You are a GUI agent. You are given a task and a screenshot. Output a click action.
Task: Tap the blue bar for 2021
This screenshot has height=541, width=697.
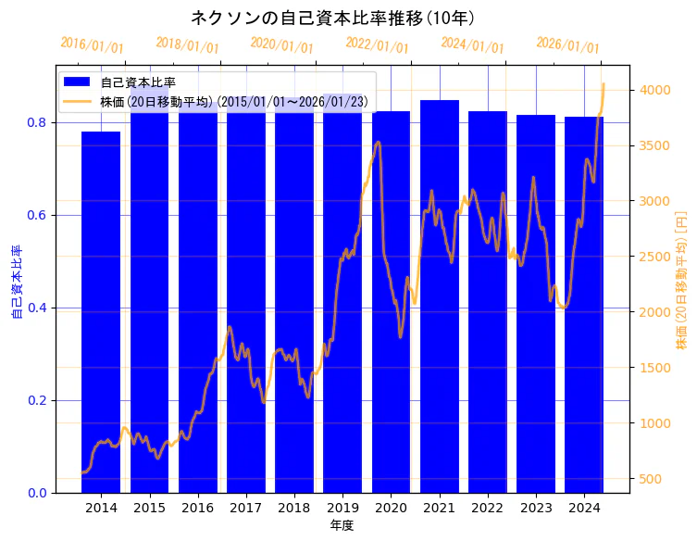pyautogui.click(x=439, y=296)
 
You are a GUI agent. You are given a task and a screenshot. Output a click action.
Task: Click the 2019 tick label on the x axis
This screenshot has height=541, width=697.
pyautogui.click(x=342, y=508)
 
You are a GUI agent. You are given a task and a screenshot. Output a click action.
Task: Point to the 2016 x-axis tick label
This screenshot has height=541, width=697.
pyautogui.click(x=197, y=508)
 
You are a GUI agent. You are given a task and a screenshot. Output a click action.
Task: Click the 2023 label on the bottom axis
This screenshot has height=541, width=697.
pyautogui.click(x=536, y=508)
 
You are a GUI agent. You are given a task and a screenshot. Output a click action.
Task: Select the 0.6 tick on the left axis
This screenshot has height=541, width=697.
pyautogui.click(x=37, y=215)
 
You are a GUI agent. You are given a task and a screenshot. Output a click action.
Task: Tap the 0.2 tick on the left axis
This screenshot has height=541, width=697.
pyautogui.click(x=37, y=400)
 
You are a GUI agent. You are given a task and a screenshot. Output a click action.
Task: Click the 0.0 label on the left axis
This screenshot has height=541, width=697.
pyautogui.click(x=37, y=493)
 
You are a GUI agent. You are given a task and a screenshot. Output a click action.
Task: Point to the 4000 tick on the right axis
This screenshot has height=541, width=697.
pyautogui.click(x=653, y=90)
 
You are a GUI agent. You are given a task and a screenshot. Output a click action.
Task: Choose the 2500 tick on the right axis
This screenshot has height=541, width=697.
pyautogui.click(x=653, y=257)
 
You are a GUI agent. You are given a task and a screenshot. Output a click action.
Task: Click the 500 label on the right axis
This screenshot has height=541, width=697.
pyautogui.click(x=650, y=479)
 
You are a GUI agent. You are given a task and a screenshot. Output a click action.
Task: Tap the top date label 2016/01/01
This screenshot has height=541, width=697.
pyautogui.click(x=92, y=44)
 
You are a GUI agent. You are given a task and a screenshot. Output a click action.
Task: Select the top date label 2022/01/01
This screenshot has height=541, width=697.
pyautogui.click(x=377, y=44)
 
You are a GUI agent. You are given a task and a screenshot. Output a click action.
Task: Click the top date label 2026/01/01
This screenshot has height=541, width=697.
pyautogui.click(x=567, y=45)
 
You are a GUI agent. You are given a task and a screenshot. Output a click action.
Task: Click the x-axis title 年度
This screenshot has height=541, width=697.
pyautogui.click(x=342, y=525)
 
